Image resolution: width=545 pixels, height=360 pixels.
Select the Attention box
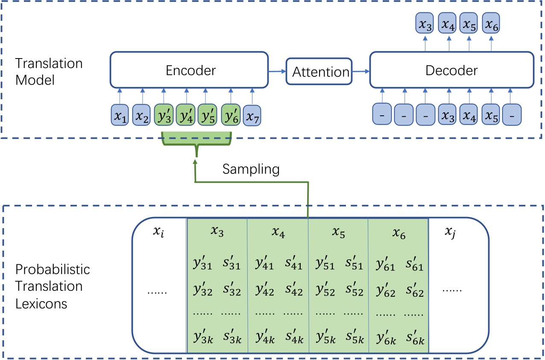[x=321, y=72]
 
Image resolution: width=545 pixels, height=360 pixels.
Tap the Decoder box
[x=451, y=70]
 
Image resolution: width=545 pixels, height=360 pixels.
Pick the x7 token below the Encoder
[x=252, y=115]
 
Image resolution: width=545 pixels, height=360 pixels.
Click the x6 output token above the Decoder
[x=491, y=24]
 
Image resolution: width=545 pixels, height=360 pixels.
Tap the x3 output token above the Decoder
[x=425, y=24]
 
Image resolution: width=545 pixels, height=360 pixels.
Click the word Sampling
[x=251, y=170]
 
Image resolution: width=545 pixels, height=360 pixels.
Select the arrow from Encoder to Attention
[x=277, y=72]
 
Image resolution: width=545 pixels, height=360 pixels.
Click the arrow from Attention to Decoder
[x=360, y=72]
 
